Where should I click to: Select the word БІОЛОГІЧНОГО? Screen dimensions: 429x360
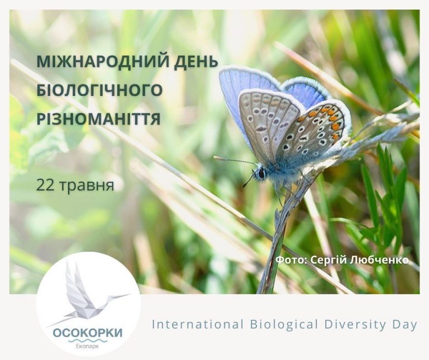(99, 90)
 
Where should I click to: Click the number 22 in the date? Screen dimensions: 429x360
(45, 185)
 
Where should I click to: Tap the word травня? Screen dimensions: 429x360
(86, 186)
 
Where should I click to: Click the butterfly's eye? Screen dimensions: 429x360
(261, 173)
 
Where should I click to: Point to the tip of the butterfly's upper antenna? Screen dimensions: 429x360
(215, 158)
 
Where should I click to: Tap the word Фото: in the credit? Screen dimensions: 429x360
(292, 260)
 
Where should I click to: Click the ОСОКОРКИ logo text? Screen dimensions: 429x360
(88, 333)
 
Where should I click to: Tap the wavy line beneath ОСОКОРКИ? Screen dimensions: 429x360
(88, 341)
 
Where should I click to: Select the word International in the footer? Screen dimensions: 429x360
(198, 324)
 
